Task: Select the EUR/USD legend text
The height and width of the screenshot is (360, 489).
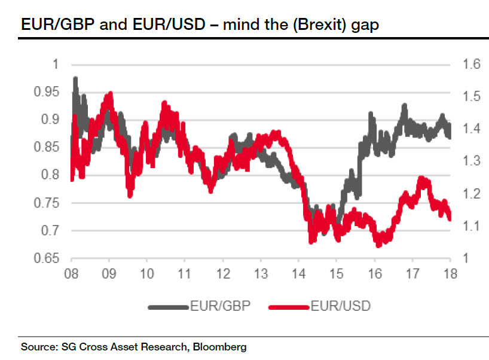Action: click(x=341, y=307)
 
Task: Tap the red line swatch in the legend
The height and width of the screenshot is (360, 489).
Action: click(x=289, y=307)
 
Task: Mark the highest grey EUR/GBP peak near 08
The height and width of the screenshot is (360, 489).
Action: click(x=75, y=78)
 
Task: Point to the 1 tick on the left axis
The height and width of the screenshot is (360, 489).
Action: click(x=57, y=65)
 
